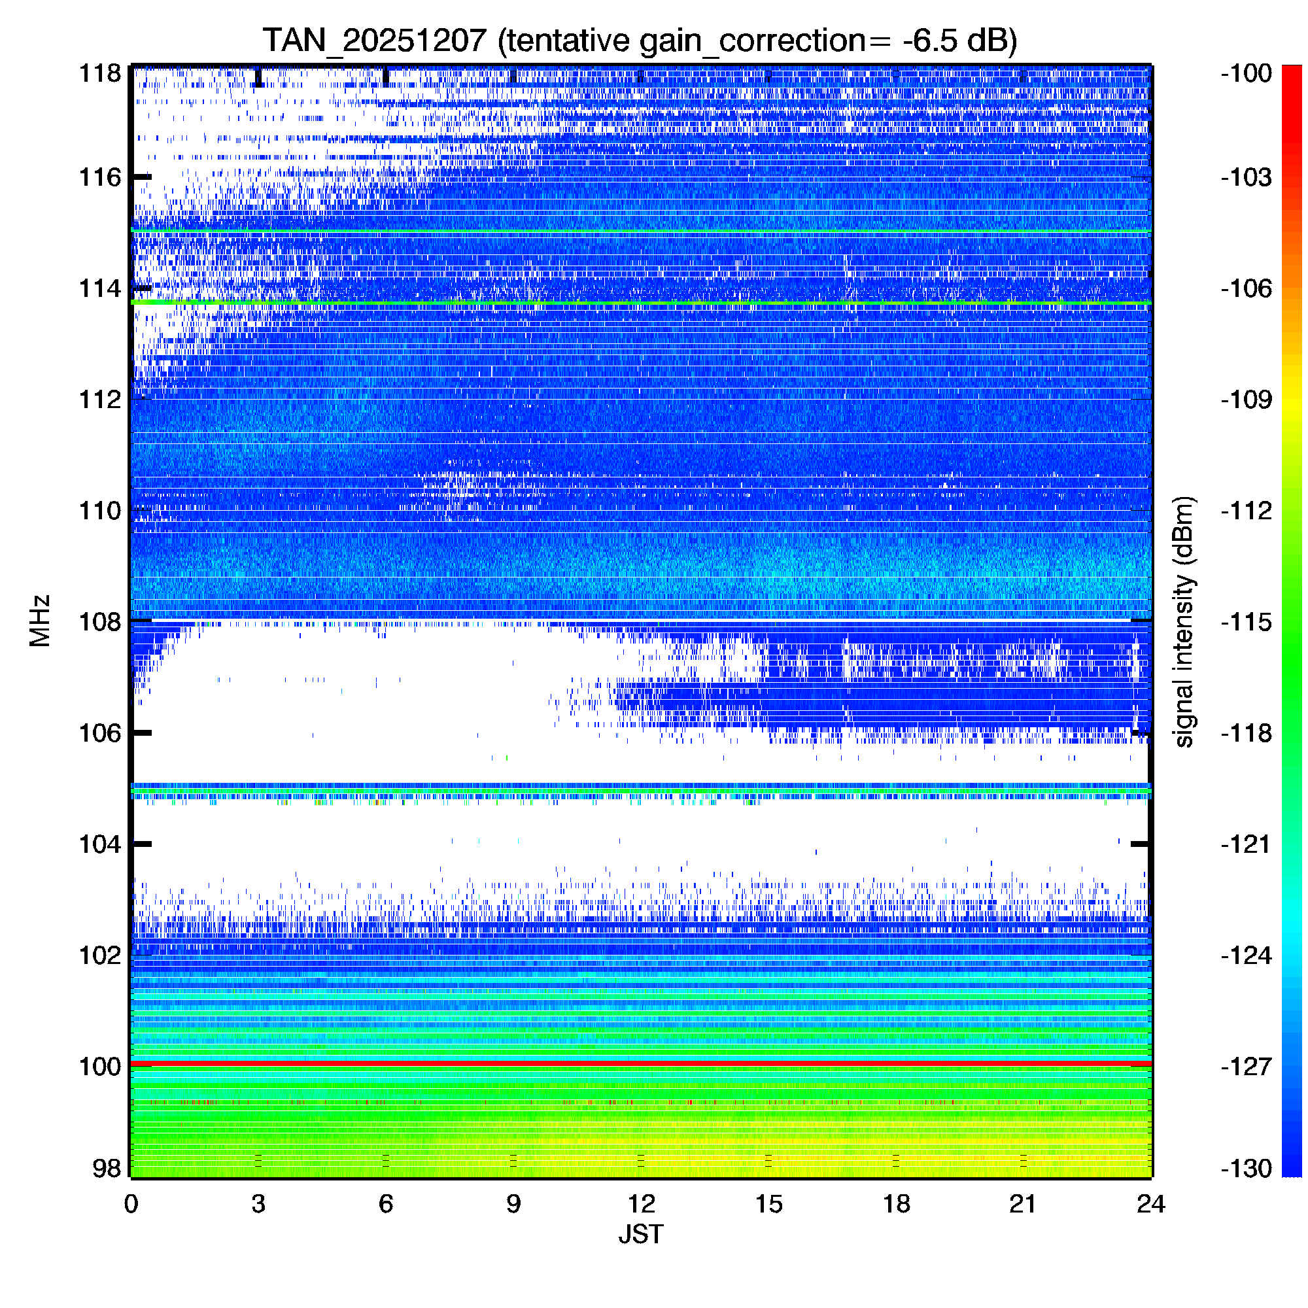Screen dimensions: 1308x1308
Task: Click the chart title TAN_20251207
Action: [374, 41]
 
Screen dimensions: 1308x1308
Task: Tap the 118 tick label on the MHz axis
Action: [100, 73]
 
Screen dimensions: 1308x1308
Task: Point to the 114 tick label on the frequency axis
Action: [100, 289]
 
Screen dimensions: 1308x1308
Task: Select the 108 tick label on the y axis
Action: [100, 621]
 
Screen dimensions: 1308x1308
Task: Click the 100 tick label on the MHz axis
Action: [100, 1066]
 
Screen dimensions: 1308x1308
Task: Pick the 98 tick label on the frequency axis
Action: [107, 1169]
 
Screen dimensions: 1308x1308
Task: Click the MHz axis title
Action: [40, 621]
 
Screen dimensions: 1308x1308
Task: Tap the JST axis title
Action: [640, 1234]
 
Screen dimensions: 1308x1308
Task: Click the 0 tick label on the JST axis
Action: [131, 1204]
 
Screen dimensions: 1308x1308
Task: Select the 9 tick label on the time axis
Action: [513, 1204]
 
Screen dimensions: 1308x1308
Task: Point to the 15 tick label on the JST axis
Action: [768, 1204]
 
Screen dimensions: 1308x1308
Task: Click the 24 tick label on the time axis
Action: [1151, 1204]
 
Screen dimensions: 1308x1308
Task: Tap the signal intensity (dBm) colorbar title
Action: [1184, 621]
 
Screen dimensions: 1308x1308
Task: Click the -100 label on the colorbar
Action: [1247, 73]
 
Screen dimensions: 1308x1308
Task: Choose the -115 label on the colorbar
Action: [1247, 621]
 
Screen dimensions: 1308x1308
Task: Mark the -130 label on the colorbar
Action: [1247, 1169]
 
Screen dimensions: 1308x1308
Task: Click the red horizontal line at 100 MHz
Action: [640, 1063]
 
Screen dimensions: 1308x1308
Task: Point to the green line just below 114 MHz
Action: [640, 302]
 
